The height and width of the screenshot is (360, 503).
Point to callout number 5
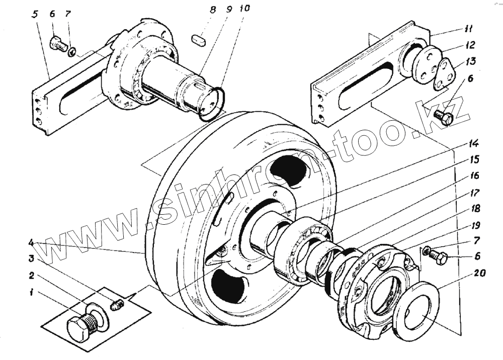click(35, 14)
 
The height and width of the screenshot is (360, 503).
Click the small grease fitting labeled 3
click(116, 305)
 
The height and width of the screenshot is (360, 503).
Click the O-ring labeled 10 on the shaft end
click(210, 103)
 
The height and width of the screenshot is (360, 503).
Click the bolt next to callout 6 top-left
click(59, 45)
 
